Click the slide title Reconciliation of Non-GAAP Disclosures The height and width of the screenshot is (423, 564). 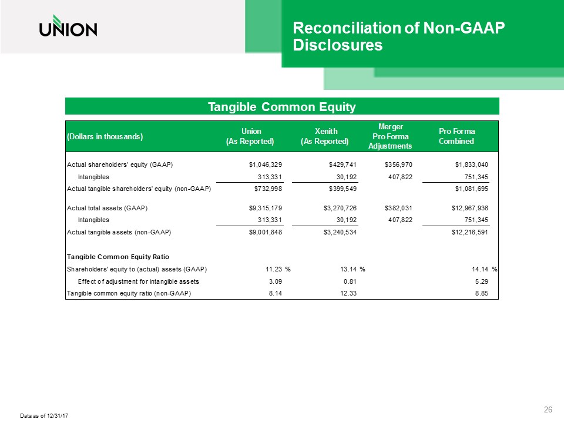(x=399, y=36)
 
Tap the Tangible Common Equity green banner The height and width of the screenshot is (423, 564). (x=282, y=106)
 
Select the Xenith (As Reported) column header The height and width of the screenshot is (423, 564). (x=324, y=136)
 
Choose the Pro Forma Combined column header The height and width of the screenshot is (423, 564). (x=456, y=136)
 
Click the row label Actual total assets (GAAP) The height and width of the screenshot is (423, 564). (x=107, y=208)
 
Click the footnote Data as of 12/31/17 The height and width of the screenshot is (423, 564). (x=45, y=416)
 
